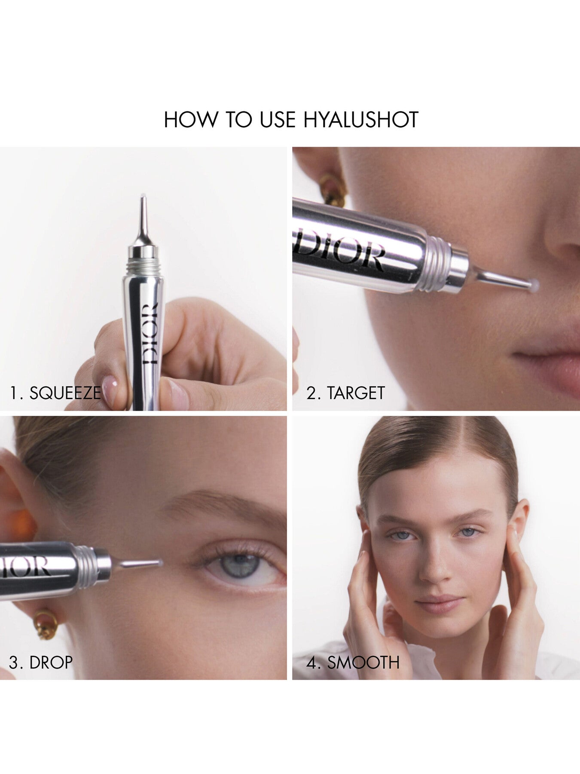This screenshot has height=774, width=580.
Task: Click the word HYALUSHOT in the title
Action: point(361,120)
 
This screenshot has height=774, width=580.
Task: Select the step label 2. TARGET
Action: point(345,393)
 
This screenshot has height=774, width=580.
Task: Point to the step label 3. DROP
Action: point(41,662)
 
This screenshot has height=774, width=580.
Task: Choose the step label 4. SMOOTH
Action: point(353,662)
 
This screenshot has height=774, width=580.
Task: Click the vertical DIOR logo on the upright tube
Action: point(150,334)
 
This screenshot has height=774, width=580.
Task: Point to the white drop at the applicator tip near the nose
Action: point(534,284)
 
